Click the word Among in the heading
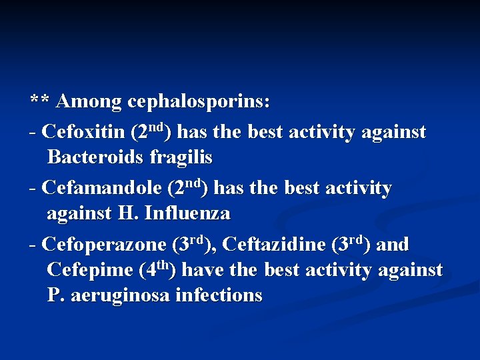pos(89,102)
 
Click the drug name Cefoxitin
pos(83,132)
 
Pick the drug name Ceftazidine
pos(273,245)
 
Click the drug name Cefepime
pos(91,271)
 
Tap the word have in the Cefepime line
pos(201,271)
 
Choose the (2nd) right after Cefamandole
pos(189,187)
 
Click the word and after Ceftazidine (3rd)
pos(393,245)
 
